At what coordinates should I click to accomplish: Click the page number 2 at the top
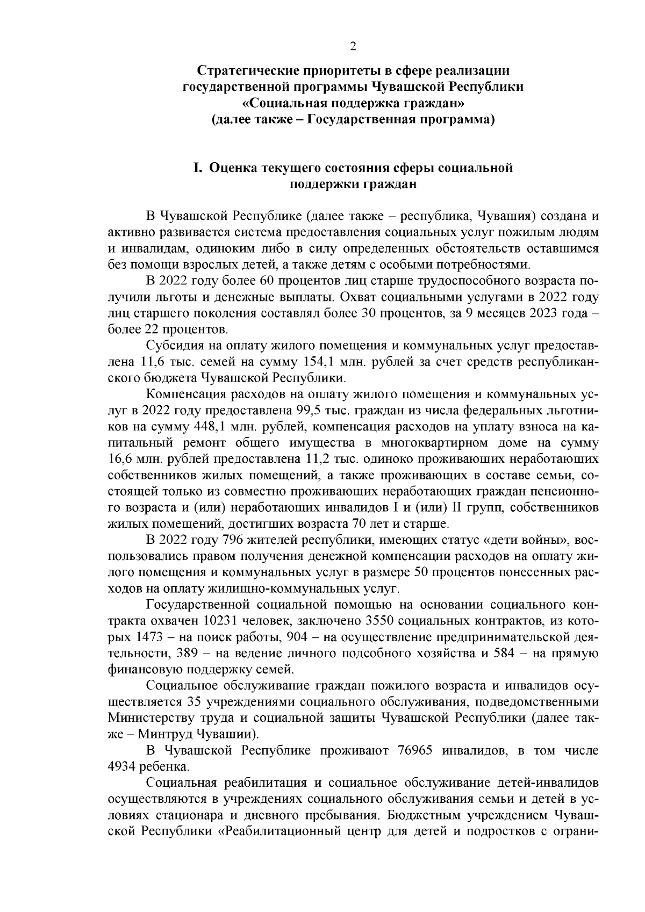pyautogui.click(x=353, y=46)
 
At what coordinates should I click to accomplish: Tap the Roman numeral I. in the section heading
pyautogui.click(x=197, y=168)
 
